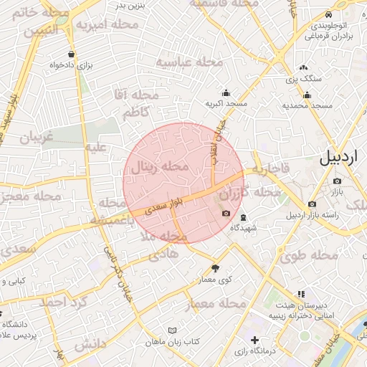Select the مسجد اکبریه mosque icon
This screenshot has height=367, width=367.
[227, 92]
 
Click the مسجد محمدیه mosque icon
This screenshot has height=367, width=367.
[308, 95]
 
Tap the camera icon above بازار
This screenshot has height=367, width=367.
[337, 181]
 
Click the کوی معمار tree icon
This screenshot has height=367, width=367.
[216, 267]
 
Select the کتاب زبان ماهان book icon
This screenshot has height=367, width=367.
[171, 330]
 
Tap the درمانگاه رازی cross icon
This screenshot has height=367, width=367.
[254, 339]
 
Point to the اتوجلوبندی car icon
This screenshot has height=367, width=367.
[328, 15]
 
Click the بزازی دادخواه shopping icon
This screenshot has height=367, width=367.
[70, 54]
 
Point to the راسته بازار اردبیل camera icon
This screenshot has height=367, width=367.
[311, 204]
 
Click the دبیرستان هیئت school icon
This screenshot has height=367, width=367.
[300, 294]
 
